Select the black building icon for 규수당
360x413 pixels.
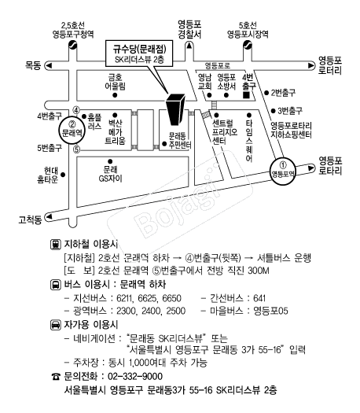[x=175, y=109]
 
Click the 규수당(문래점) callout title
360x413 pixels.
[x=139, y=49]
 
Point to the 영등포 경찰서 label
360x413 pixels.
[x=189, y=30]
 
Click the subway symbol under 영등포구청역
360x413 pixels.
[x=72, y=45]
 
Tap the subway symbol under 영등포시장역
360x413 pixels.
[x=247, y=45]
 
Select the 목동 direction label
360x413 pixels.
[x=33, y=65]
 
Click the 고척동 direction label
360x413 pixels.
[x=31, y=219]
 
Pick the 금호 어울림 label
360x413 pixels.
[x=116, y=82]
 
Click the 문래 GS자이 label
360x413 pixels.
[x=111, y=174]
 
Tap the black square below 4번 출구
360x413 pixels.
[x=246, y=95]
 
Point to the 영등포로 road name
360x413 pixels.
[x=218, y=65]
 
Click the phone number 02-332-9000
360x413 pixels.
[x=135, y=376]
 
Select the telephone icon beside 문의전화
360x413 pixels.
[x=56, y=377]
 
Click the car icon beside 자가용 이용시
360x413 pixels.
[x=56, y=325]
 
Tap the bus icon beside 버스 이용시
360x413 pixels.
[x=56, y=285]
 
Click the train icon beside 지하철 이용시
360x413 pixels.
[x=56, y=245]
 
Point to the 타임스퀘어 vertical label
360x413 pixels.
[x=249, y=141]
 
